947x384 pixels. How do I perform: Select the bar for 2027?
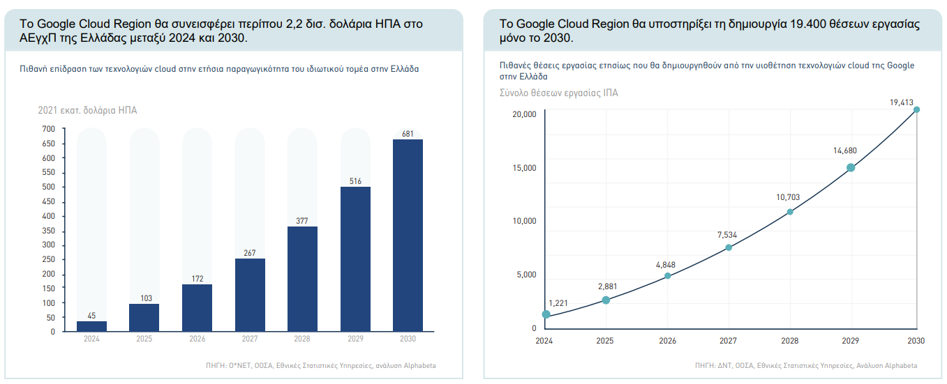[x=250, y=295]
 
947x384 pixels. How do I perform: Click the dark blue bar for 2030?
[x=408, y=236]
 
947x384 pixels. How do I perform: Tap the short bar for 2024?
[x=91, y=326]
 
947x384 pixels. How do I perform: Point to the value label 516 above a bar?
[x=355, y=181]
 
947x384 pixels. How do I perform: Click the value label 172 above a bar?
[x=197, y=279]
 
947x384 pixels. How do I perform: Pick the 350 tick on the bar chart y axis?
[x=49, y=231]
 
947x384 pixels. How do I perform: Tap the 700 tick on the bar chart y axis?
[x=49, y=129]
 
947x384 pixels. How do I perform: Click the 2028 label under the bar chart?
[x=302, y=339]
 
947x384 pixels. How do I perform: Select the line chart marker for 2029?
[x=851, y=167]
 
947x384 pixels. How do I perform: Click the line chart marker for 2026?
[x=668, y=275]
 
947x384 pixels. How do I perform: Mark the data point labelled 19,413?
[x=916, y=109]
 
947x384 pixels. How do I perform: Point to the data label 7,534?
[x=727, y=235]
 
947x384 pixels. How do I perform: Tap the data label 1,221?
[x=558, y=303]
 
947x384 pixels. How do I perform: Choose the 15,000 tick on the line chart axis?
[x=524, y=167]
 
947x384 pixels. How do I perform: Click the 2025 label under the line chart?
[x=605, y=341]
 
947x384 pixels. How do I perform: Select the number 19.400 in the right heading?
[x=807, y=24]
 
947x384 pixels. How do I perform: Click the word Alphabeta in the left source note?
[x=420, y=365]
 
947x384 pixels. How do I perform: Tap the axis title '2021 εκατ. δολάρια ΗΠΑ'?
[x=87, y=110]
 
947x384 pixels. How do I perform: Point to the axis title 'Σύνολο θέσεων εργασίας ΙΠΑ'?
[x=558, y=93]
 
